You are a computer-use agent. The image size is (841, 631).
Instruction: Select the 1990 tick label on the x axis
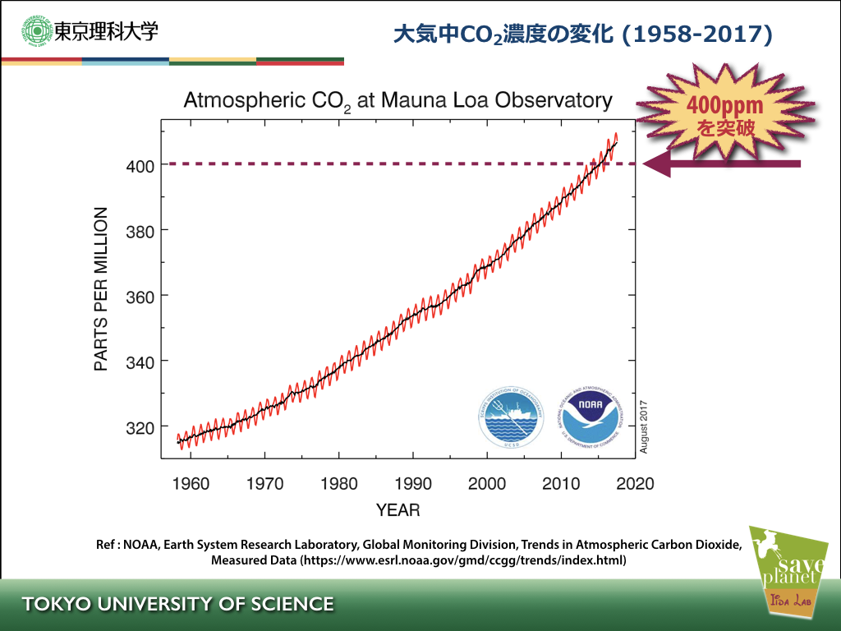click(413, 483)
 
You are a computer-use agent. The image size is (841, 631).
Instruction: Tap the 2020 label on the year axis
click(636, 483)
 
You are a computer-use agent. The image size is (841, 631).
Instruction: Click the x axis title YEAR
click(398, 510)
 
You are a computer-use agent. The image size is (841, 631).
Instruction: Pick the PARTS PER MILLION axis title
click(101, 289)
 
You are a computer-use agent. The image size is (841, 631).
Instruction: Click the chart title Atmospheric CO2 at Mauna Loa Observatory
click(398, 102)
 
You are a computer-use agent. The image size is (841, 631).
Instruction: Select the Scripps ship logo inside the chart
click(512, 417)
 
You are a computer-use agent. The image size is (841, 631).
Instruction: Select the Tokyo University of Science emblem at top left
click(36, 32)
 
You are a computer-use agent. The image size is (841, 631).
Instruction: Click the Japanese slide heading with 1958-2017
click(583, 35)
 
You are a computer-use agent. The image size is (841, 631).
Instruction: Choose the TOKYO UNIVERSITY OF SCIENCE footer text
click(178, 605)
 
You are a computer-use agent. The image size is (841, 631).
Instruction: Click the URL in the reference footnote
click(463, 561)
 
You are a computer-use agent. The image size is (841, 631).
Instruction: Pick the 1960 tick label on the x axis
click(191, 483)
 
